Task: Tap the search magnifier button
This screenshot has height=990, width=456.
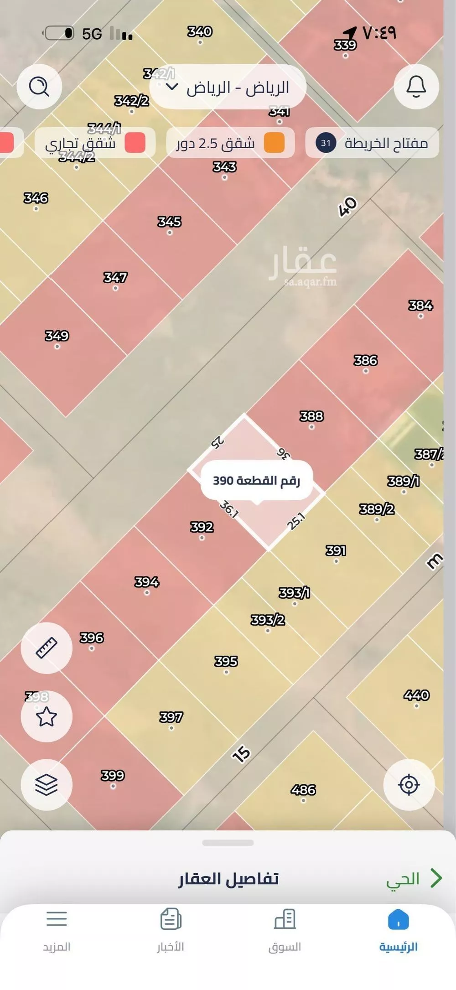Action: (x=39, y=86)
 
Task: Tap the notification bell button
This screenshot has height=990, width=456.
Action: (x=416, y=86)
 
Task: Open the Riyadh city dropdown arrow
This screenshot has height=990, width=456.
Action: (x=171, y=87)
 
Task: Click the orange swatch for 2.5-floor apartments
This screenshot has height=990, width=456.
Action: (x=274, y=143)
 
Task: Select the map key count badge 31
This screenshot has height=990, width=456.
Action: (x=326, y=143)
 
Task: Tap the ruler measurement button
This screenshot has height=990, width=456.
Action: (x=47, y=648)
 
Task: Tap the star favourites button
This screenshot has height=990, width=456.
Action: (x=47, y=716)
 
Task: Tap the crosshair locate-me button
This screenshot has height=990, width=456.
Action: (x=409, y=785)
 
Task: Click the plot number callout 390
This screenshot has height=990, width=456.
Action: (x=256, y=481)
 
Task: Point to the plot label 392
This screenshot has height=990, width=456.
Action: (x=202, y=527)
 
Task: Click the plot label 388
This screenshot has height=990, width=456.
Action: (x=311, y=416)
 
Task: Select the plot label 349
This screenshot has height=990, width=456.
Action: (x=57, y=336)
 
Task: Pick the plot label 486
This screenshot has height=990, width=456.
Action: (x=303, y=789)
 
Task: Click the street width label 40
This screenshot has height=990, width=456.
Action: (x=347, y=207)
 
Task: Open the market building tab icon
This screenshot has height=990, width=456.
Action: (x=285, y=919)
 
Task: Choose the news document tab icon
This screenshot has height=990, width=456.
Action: (x=171, y=919)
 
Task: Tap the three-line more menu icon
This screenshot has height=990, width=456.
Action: (x=57, y=919)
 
